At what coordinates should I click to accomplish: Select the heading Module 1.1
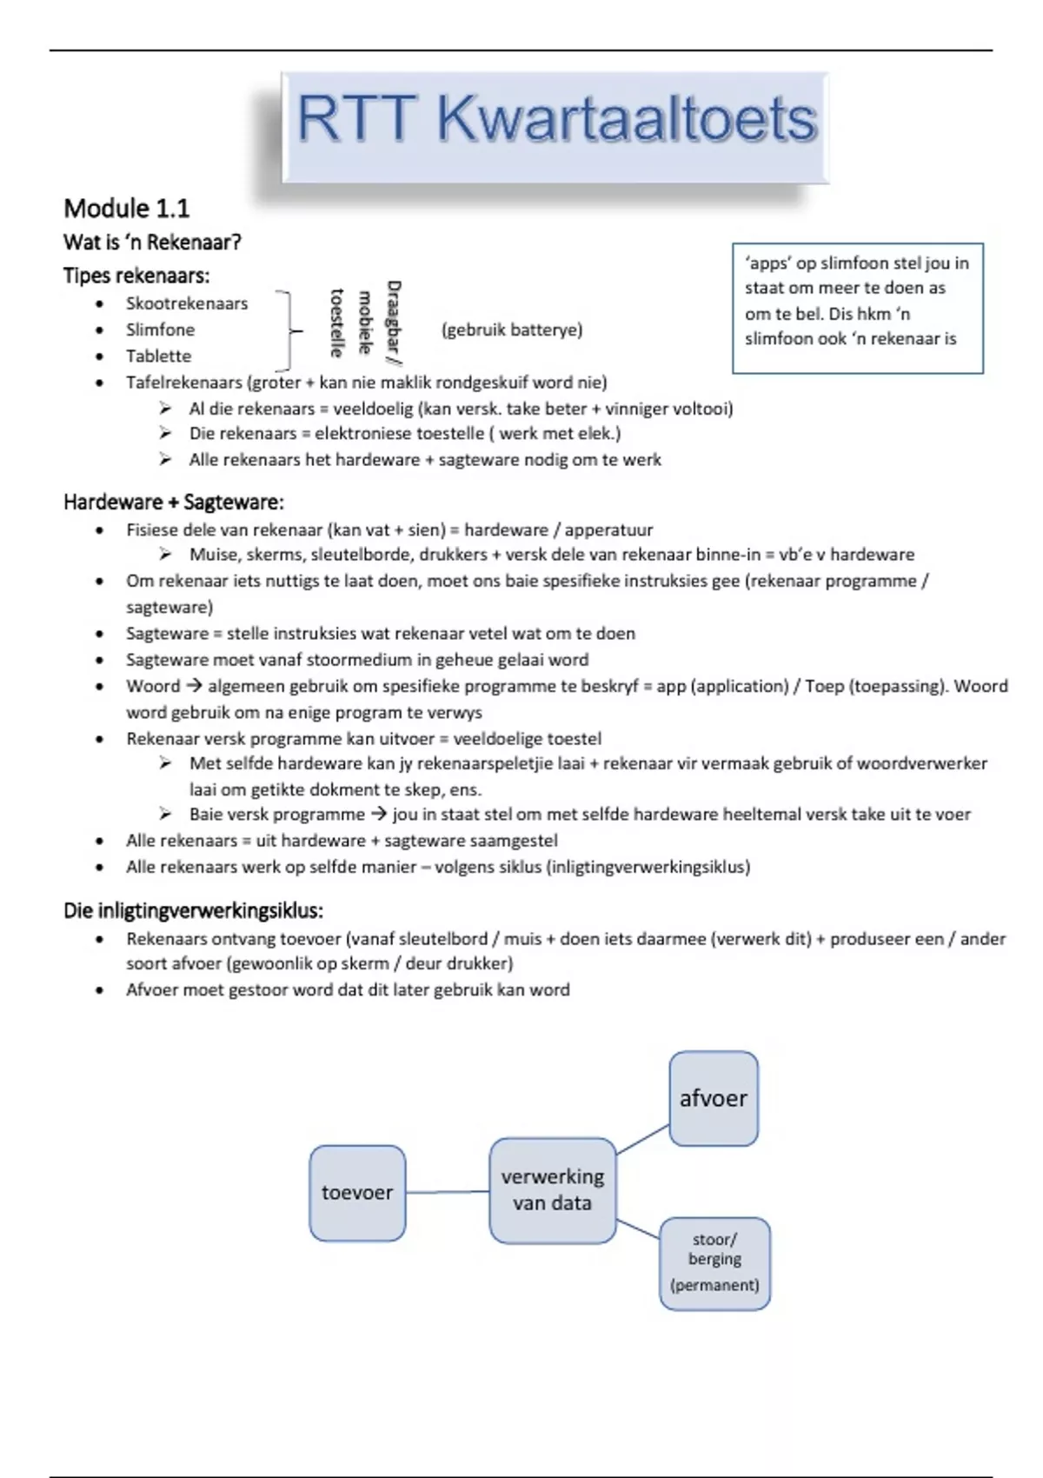(x=126, y=209)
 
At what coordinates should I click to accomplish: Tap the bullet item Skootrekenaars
(x=186, y=303)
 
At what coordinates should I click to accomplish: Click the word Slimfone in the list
(x=160, y=330)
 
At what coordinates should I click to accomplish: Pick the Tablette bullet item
(x=158, y=356)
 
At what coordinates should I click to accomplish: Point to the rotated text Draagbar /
(x=393, y=320)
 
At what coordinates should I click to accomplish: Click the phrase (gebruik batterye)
(x=512, y=330)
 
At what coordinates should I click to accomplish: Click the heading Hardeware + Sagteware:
(x=173, y=503)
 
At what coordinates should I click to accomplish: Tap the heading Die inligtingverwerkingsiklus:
(x=193, y=911)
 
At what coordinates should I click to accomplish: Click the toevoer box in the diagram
(x=357, y=1192)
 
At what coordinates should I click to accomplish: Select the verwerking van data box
(x=552, y=1190)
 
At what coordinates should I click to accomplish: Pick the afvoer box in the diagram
(x=713, y=1098)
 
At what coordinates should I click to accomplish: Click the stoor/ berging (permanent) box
(x=714, y=1262)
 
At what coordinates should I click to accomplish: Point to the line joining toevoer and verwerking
(x=447, y=1192)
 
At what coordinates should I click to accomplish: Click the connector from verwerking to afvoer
(x=642, y=1140)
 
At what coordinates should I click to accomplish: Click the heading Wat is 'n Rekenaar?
(x=152, y=243)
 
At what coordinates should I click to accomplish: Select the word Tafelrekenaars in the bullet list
(x=183, y=383)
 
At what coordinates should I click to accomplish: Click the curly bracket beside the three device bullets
(x=287, y=330)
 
